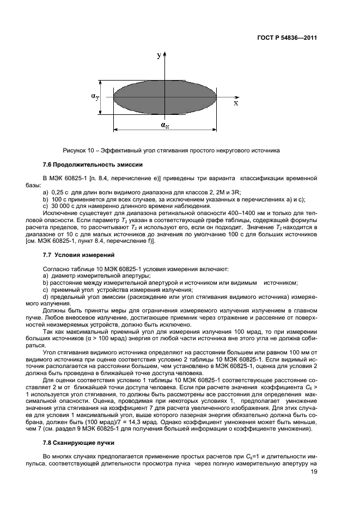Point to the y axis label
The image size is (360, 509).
pos(158,56)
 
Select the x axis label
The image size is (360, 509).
pos(235,102)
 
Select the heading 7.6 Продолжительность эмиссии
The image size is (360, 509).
pos(93,164)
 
